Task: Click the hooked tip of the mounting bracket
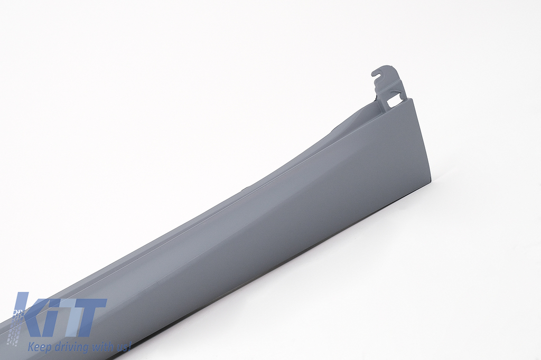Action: click(374, 73)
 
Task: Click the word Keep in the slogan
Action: click(38, 345)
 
